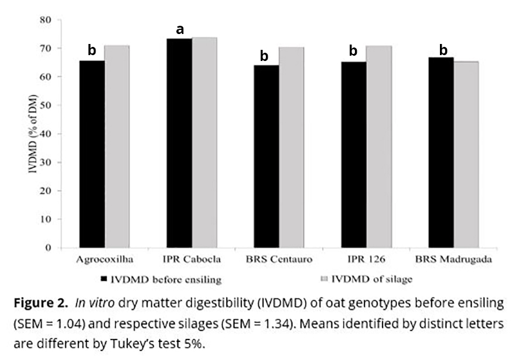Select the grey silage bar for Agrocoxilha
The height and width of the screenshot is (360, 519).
pyautogui.click(x=117, y=147)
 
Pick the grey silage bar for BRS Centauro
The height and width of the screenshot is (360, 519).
pyautogui.click(x=292, y=147)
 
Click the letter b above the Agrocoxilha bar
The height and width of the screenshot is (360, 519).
pyautogui.click(x=91, y=50)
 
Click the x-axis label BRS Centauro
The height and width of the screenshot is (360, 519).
pyautogui.click(x=279, y=259)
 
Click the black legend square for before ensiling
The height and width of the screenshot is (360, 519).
pyautogui.click(x=104, y=280)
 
